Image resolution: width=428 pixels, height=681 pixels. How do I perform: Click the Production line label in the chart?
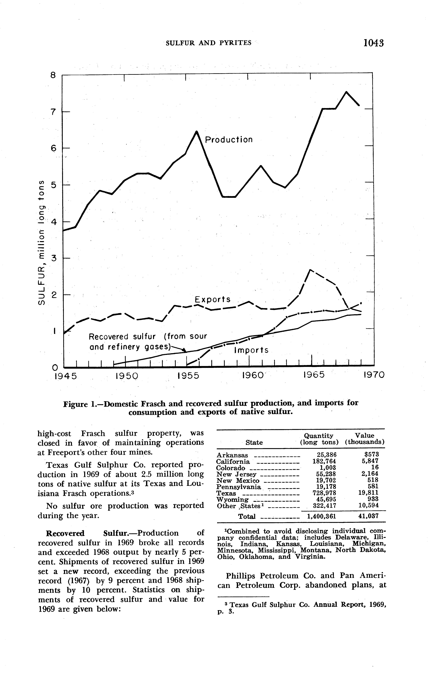[228, 140]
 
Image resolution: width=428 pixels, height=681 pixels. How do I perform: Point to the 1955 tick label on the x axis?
[188, 376]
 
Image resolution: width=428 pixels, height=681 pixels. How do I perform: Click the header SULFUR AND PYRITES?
[208, 43]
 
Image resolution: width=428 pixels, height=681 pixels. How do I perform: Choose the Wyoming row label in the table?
[232, 500]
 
